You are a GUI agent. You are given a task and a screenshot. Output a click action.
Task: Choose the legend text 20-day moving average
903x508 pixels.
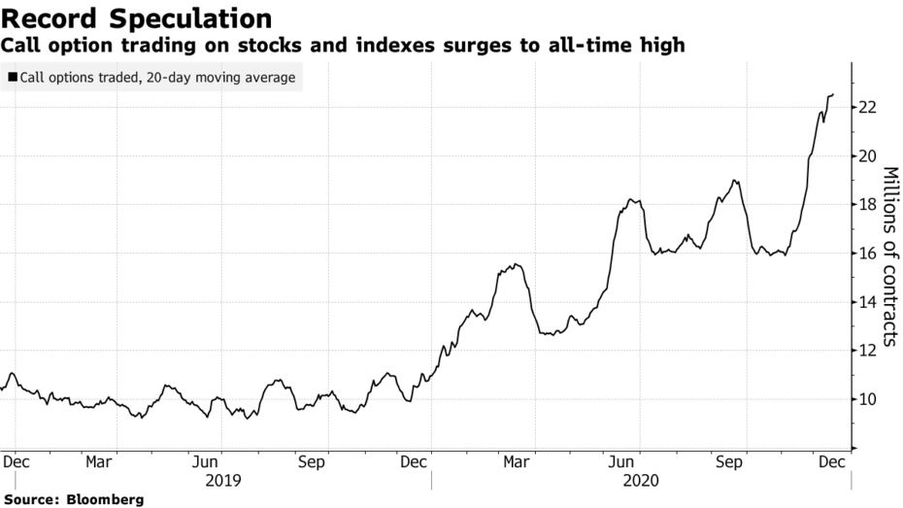222,77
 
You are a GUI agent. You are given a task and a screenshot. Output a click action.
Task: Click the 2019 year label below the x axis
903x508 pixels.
223,480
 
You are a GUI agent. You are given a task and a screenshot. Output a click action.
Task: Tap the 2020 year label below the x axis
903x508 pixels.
640,480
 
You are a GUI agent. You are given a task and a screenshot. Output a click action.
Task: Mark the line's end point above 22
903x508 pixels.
833,94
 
